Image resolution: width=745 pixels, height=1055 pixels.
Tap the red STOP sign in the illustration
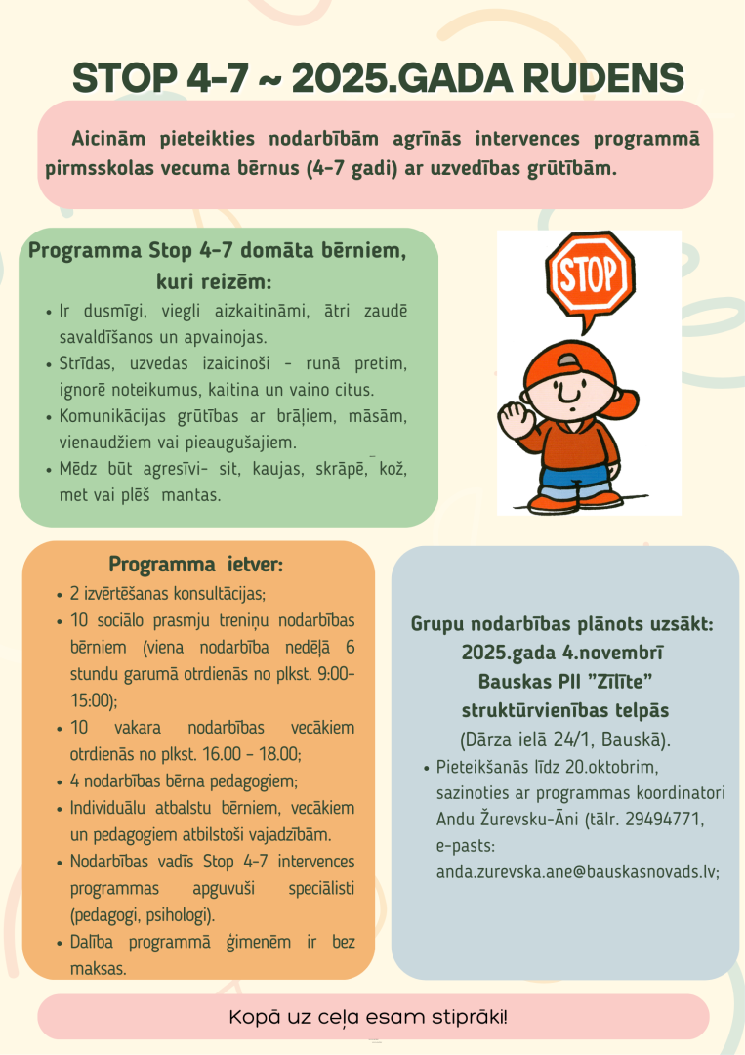(x=588, y=275)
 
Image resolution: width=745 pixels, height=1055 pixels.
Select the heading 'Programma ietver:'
(x=196, y=564)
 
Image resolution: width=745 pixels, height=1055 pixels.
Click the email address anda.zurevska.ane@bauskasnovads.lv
(x=578, y=871)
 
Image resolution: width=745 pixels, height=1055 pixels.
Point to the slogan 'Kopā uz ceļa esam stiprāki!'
(x=368, y=1017)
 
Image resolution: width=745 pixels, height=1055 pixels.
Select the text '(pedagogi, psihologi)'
(x=143, y=915)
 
